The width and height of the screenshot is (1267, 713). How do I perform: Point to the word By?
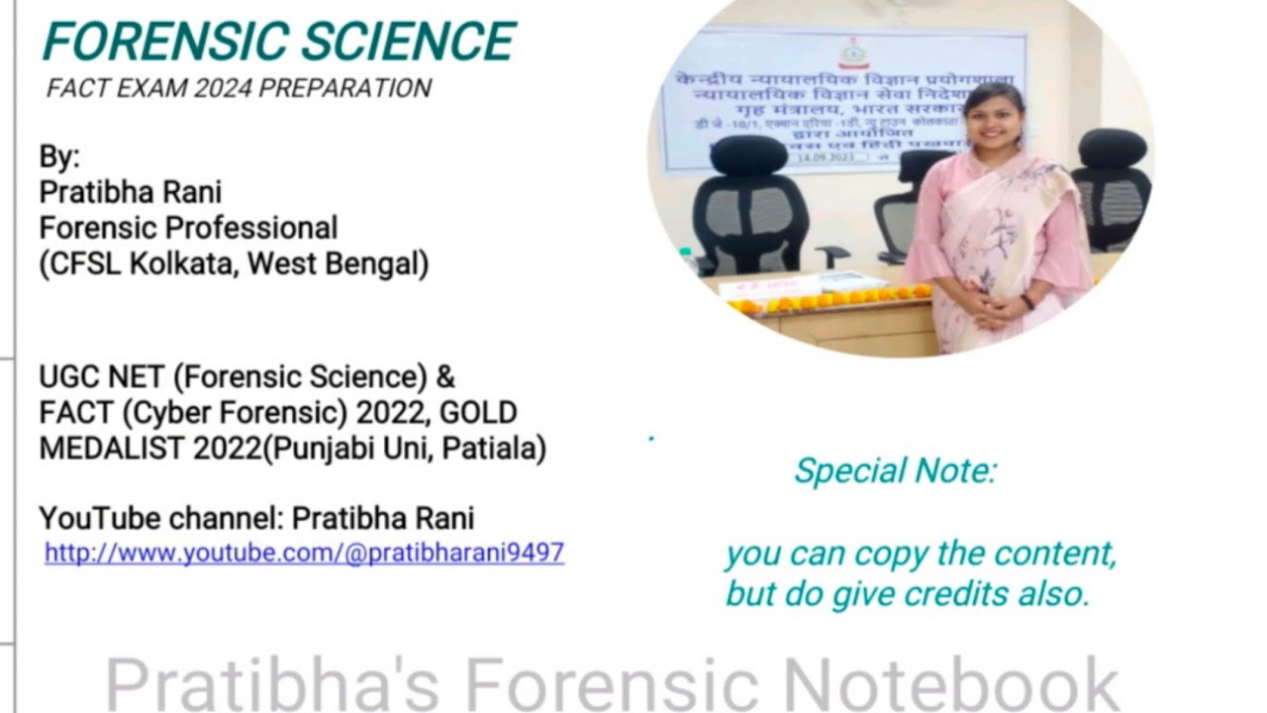59,156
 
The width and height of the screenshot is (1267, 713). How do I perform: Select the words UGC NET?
102,377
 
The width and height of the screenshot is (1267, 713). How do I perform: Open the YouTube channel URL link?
304,553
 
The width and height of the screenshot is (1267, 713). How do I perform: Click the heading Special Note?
895,471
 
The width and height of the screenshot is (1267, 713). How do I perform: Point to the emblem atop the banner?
850,51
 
